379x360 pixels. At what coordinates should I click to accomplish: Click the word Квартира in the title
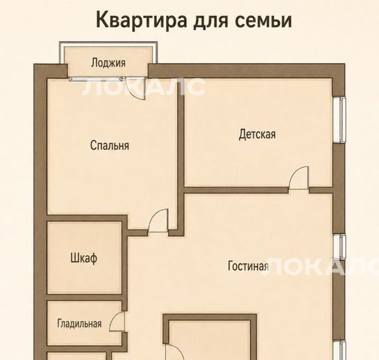coord(141,21)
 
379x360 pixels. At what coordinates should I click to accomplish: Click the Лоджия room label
coord(108,63)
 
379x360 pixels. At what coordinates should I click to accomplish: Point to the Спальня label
coord(110,145)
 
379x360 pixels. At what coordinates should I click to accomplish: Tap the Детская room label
coord(257,134)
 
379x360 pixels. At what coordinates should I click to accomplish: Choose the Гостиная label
coord(248,265)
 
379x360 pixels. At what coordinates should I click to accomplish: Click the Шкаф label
coord(84,258)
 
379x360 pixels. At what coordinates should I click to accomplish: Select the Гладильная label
coord(80,323)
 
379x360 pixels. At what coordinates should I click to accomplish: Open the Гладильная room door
coord(117,322)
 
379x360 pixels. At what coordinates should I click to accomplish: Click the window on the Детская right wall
coord(339,120)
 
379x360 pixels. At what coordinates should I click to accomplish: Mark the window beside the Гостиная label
coord(339,247)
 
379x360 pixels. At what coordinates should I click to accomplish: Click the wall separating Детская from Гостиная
coord(236,190)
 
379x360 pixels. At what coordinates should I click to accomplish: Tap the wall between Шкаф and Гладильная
coord(84,298)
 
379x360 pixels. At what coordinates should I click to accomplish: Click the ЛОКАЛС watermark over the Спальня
coord(143,87)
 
